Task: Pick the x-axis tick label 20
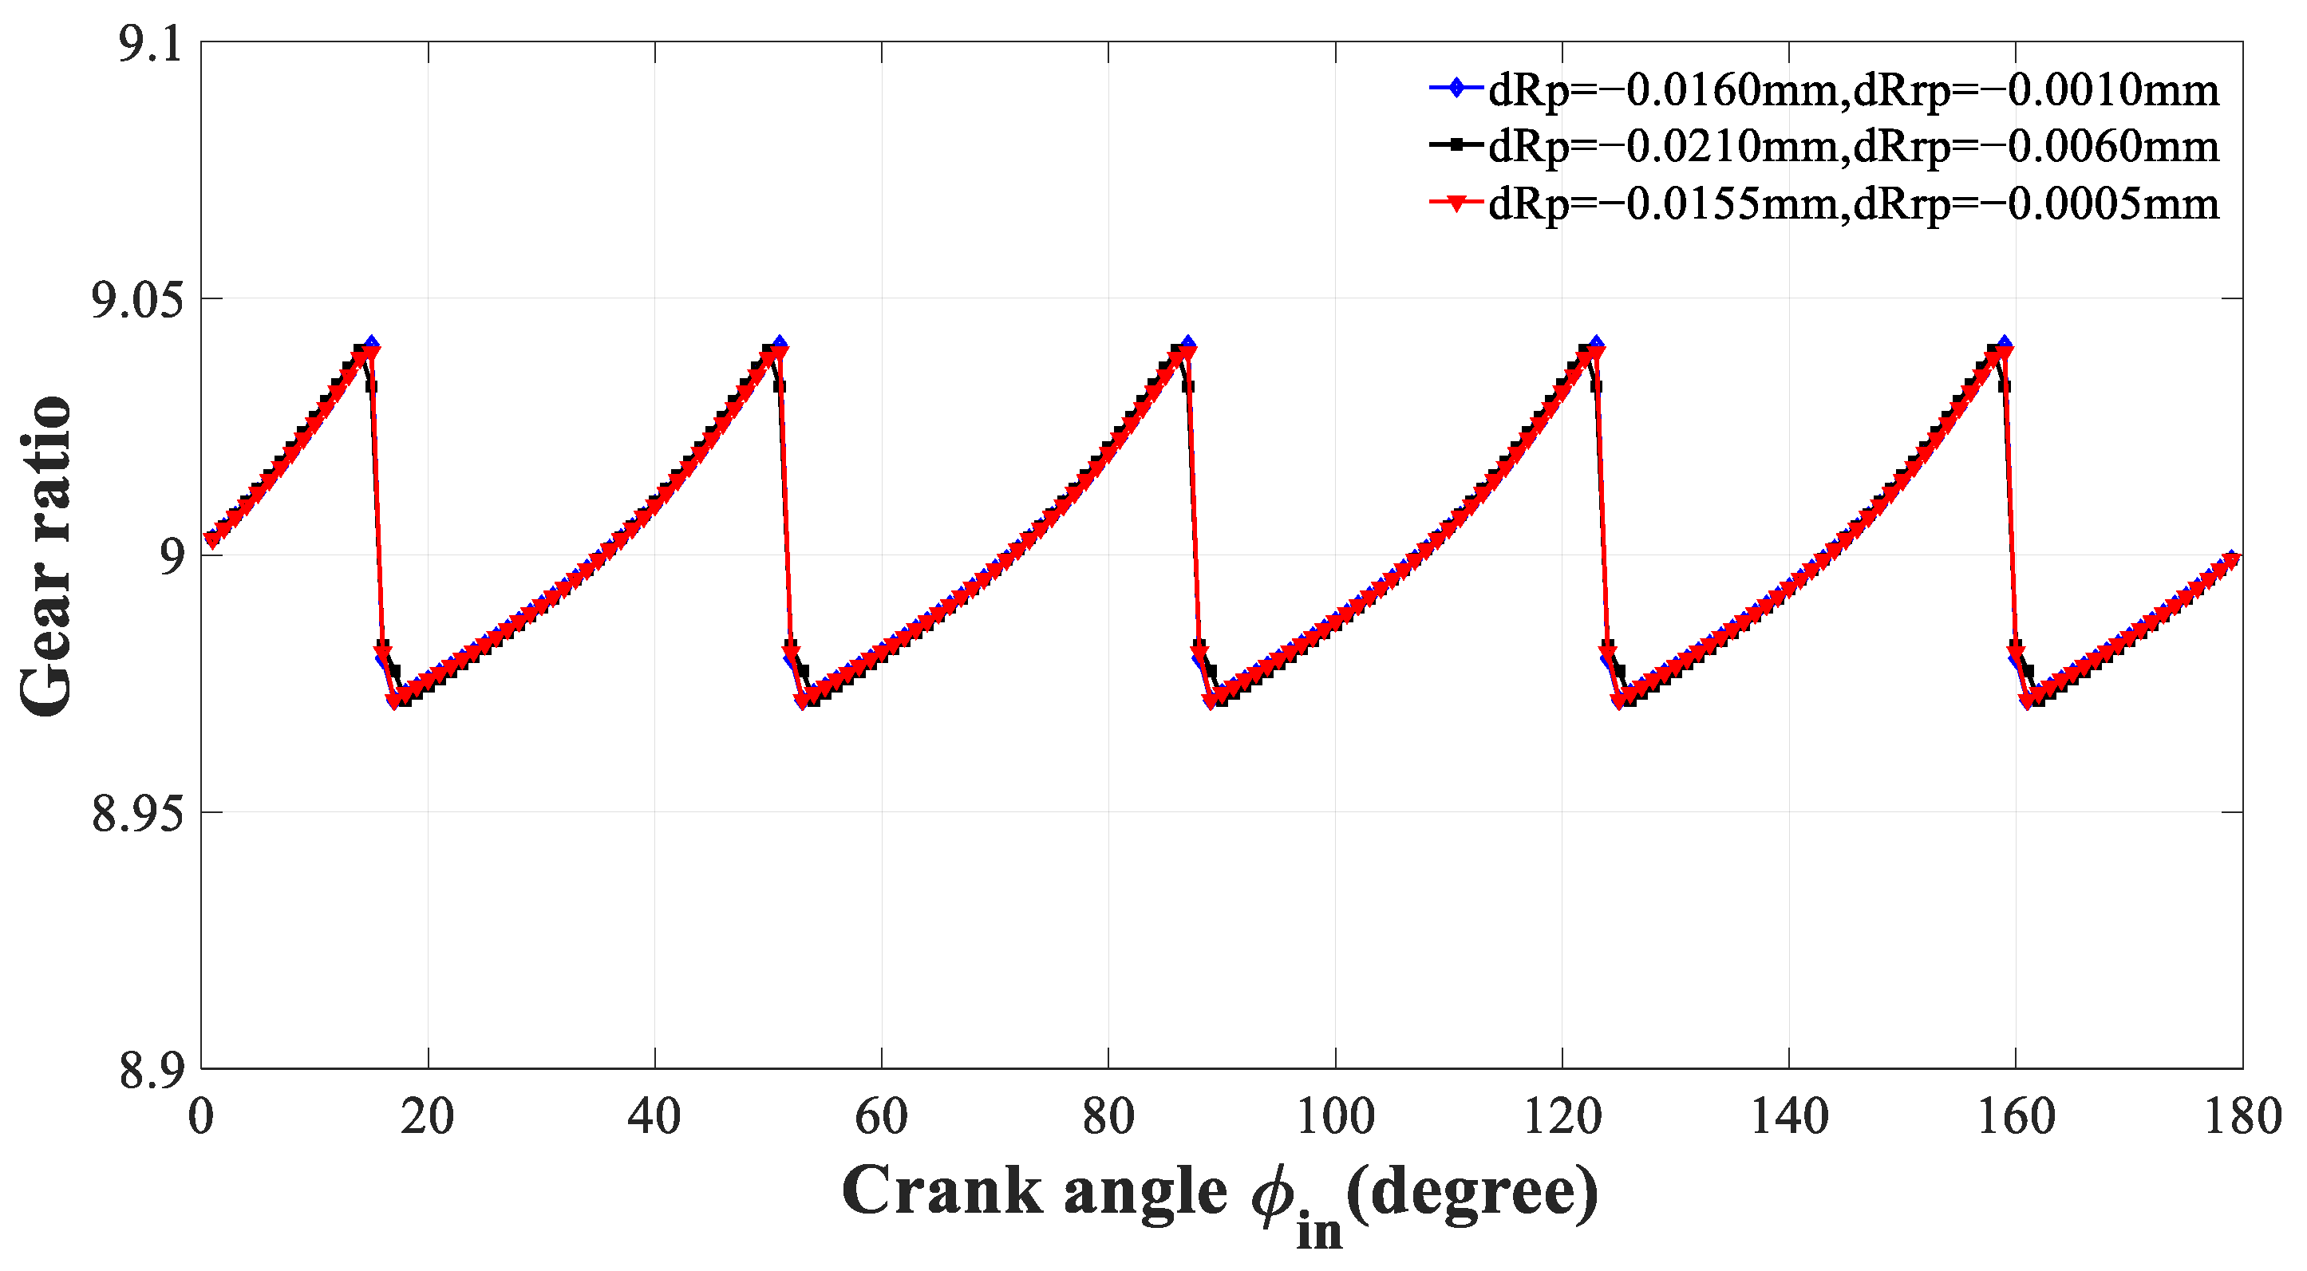(427, 1117)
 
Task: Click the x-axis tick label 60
(881, 1117)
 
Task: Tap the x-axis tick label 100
(1334, 1117)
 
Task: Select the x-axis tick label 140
(1788, 1117)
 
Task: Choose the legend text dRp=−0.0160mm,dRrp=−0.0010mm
(1854, 90)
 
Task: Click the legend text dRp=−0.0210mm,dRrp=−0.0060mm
(1854, 147)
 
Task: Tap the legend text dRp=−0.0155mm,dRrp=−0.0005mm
(1854, 204)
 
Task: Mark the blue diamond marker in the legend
(1457, 88)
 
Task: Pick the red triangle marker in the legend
(1457, 204)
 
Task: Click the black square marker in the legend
(1457, 144)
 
